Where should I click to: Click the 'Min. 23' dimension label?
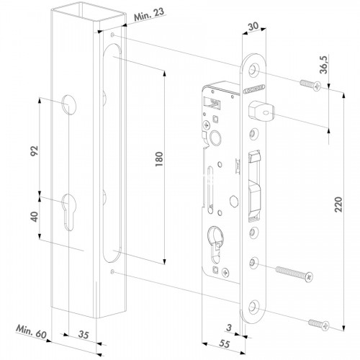pyautogui.click(x=149, y=14)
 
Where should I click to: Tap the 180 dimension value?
pyautogui.click(x=159, y=159)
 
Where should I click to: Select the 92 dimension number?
pyautogui.click(x=35, y=150)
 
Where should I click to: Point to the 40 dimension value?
pyautogui.click(x=35, y=217)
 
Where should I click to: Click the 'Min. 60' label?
pyautogui.click(x=31, y=332)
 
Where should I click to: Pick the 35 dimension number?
pyautogui.click(x=84, y=335)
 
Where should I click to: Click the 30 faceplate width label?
pyautogui.click(x=253, y=26)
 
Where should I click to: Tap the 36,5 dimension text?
pyautogui.click(x=325, y=65)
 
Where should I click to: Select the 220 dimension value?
pyautogui.click(x=338, y=204)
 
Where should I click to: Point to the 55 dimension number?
pyautogui.click(x=225, y=343)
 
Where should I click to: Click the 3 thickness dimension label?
pyautogui.click(x=229, y=328)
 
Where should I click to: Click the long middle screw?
pyautogui.click(x=294, y=273)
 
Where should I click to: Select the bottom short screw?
pyautogui.click(x=319, y=324)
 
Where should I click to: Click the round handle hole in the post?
pyautogui.click(x=69, y=104)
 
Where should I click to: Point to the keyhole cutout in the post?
pyautogui.click(x=69, y=212)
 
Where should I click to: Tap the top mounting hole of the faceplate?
pyautogui.click(x=253, y=70)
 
